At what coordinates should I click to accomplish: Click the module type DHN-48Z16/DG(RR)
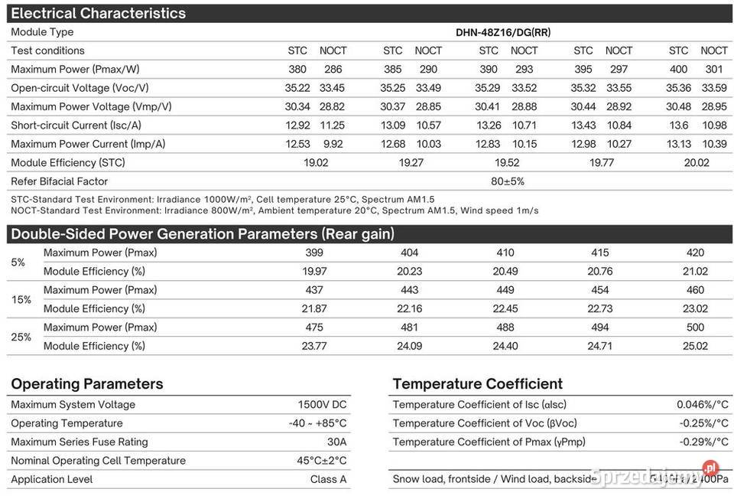point(502,32)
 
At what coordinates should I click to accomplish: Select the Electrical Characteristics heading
point(98,13)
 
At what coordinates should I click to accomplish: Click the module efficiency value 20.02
point(697,162)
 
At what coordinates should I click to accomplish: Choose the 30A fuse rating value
point(336,442)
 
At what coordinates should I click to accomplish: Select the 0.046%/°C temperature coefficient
point(702,405)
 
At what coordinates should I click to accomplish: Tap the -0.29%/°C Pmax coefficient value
point(703,442)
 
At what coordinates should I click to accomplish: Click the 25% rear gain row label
point(21,337)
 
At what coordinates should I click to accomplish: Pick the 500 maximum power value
point(695,328)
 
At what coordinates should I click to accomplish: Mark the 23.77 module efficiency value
point(314,346)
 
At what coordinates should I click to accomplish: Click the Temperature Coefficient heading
point(477,383)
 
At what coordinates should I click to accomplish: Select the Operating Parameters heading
point(87,383)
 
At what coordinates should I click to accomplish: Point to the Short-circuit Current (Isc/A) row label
point(76,125)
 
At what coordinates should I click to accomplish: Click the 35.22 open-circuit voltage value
point(297,88)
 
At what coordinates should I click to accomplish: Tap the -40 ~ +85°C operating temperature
point(317,423)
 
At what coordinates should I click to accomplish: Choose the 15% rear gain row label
point(21,299)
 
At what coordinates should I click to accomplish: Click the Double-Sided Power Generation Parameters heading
point(202,234)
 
